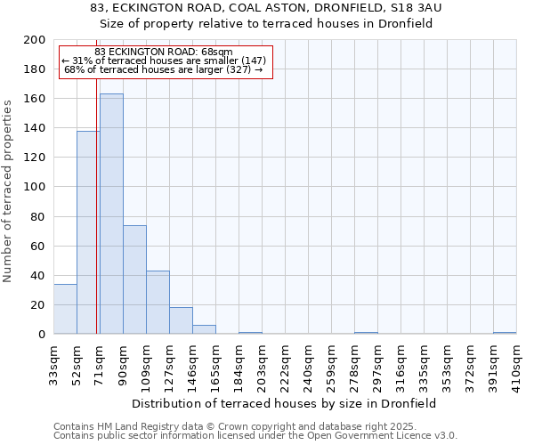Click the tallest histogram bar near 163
click(111, 214)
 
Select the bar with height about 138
click(88, 232)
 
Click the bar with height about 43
click(158, 303)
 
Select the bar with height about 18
click(181, 320)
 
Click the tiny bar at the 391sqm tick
click(505, 333)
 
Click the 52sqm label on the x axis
click(77, 361)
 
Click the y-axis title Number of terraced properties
click(8, 190)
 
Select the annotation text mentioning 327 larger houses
click(164, 69)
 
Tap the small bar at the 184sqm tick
click(250, 333)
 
